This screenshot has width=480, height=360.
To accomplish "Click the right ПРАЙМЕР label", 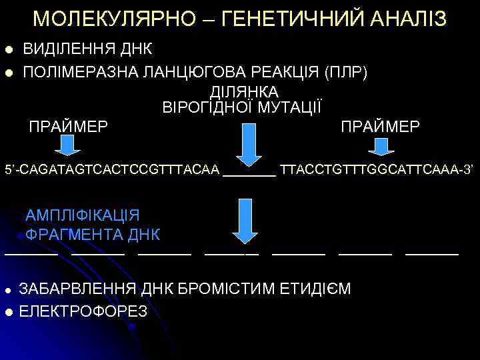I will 380,126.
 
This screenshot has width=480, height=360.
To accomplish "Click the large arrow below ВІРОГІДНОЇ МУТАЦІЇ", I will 249,143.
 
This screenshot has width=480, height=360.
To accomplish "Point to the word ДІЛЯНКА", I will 245,91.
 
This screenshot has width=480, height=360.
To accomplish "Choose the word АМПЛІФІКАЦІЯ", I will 82,215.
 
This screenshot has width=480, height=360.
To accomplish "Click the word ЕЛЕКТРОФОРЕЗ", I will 83,311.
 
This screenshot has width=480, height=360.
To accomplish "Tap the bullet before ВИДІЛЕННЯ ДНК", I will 9,50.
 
